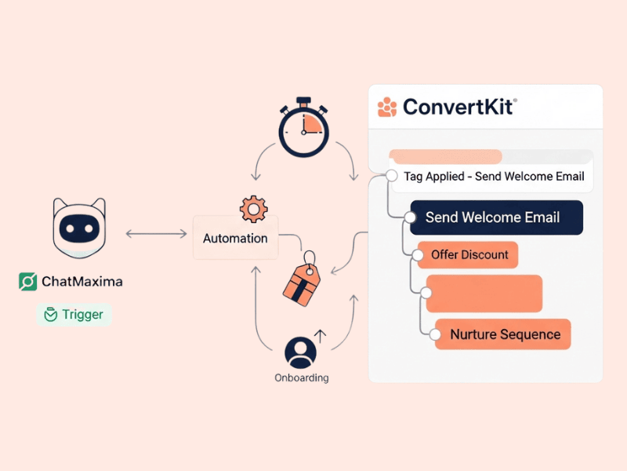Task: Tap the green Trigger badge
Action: click(x=74, y=315)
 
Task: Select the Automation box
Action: click(x=235, y=238)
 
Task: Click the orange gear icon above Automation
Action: click(x=252, y=209)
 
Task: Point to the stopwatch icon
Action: click(x=304, y=128)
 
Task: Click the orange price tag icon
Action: click(x=302, y=279)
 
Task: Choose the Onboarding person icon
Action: click(x=300, y=352)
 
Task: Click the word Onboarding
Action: click(x=302, y=378)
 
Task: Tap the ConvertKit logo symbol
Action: click(x=387, y=107)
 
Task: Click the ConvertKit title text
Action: click(x=459, y=107)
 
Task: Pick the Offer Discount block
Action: click(x=469, y=255)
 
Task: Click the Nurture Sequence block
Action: click(x=504, y=334)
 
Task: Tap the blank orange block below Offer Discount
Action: click(x=484, y=294)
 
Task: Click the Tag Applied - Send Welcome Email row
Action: click(x=493, y=177)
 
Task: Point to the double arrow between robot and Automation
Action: click(x=155, y=233)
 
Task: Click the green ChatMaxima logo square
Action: click(x=28, y=281)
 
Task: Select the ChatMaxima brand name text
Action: click(x=82, y=281)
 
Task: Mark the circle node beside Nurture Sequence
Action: click(x=436, y=335)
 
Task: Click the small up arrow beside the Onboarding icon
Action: click(x=319, y=336)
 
